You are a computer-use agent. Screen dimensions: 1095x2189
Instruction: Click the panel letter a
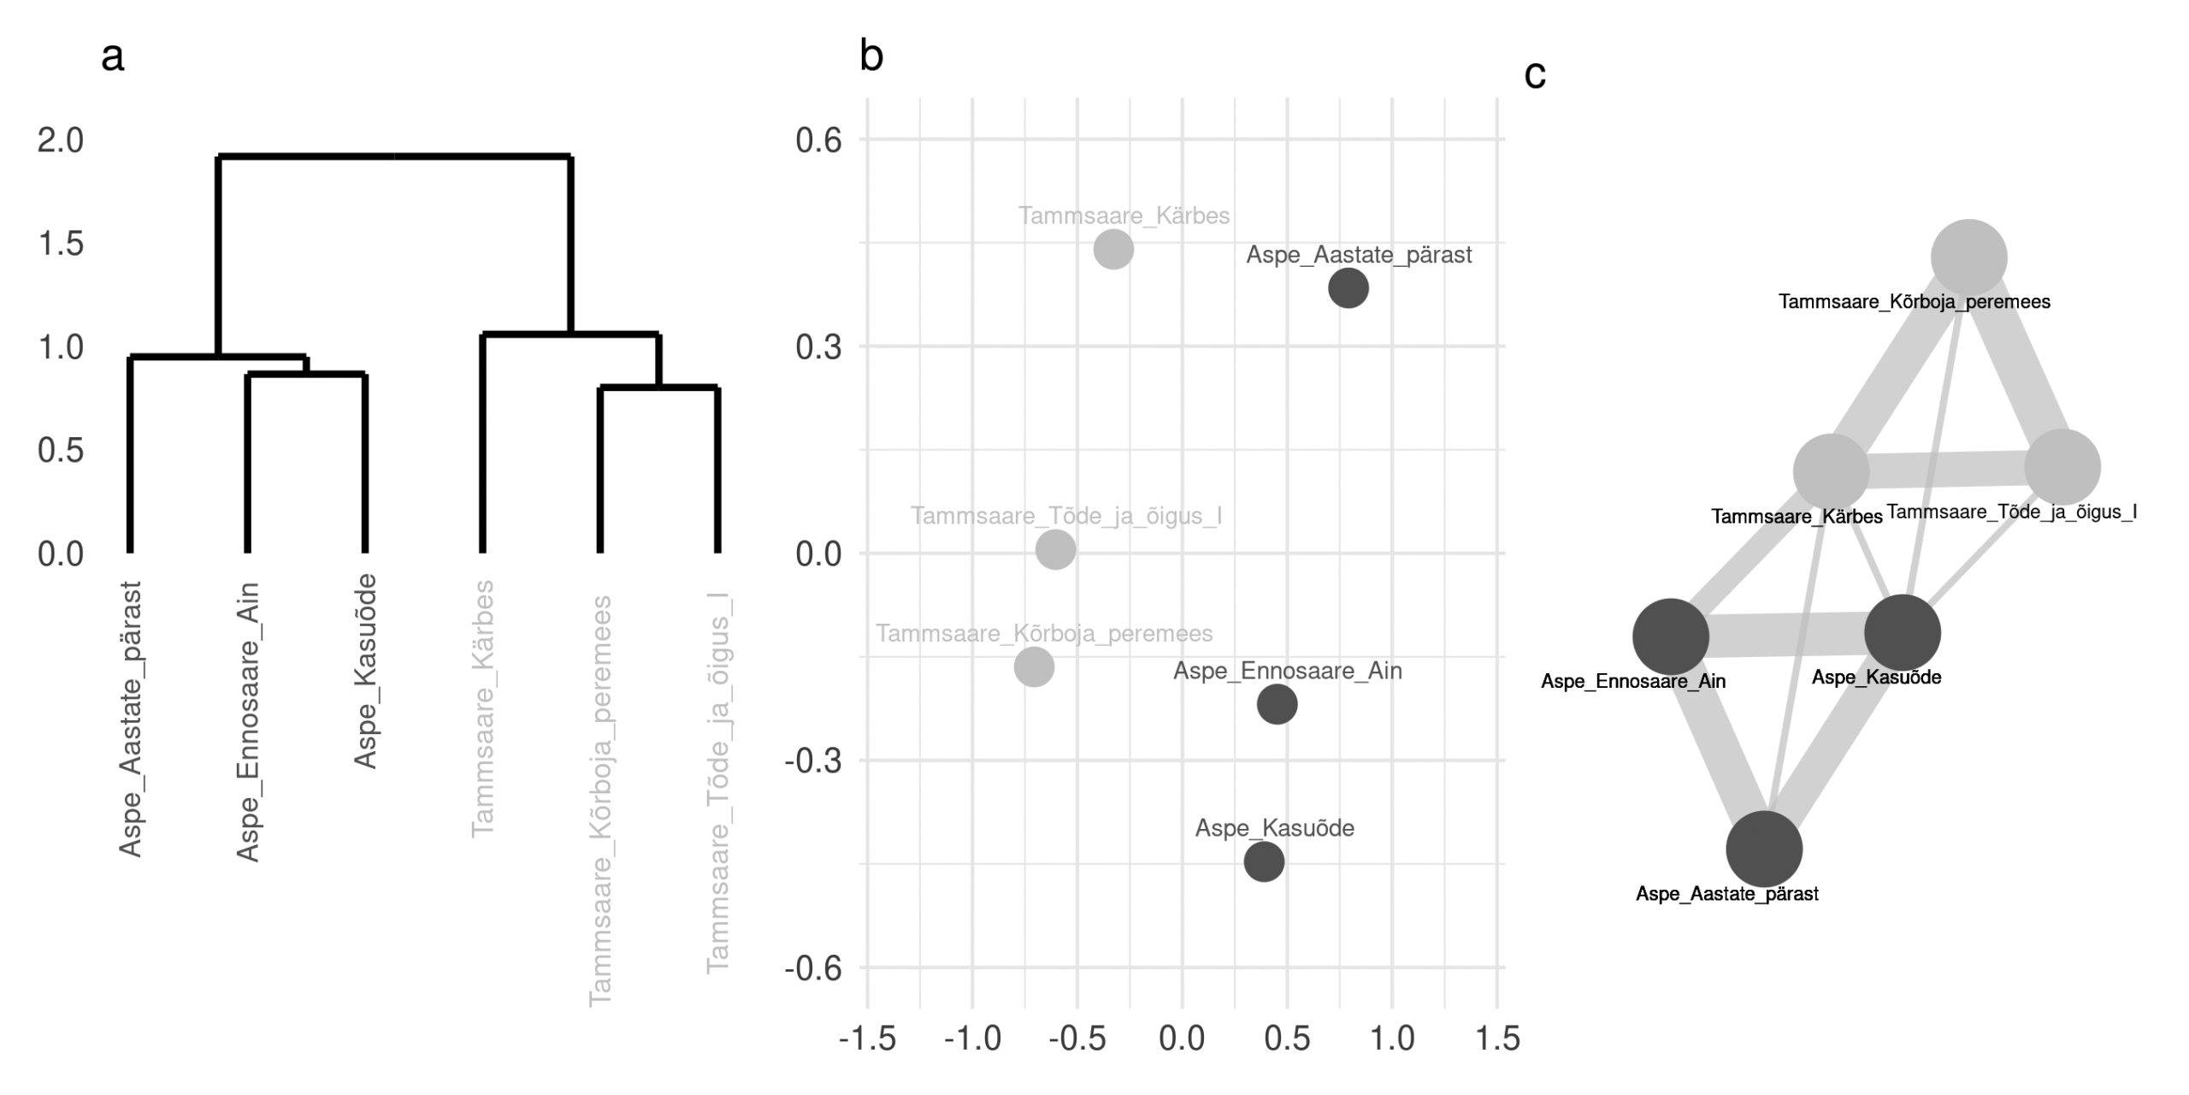pyautogui.click(x=112, y=57)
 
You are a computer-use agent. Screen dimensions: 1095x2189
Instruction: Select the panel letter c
pyautogui.click(x=1535, y=75)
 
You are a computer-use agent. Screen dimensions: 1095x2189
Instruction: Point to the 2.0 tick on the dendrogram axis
pyautogui.click(x=61, y=140)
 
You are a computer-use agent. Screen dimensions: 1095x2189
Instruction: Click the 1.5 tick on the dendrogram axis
pyautogui.click(x=61, y=244)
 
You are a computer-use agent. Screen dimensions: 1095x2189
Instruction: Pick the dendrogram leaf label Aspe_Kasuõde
pyautogui.click(x=365, y=671)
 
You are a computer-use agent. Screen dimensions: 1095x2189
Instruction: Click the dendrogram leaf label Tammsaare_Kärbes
pyautogui.click(x=483, y=707)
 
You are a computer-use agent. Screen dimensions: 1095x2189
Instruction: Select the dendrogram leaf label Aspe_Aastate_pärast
pyautogui.click(x=130, y=719)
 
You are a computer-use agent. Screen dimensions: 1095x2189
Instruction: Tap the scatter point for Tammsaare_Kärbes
pyautogui.click(x=1113, y=250)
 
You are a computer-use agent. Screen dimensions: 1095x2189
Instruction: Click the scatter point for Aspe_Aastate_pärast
pyautogui.click(x=1348, y=288)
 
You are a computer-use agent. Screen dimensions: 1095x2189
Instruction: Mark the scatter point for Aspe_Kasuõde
pyautogui.click(x=1264, y=861)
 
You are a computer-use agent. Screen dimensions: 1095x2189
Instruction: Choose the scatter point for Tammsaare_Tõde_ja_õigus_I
pyautogui.click(x=1055, y=549)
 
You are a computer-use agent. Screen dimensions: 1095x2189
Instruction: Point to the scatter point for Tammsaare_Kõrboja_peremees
pyautogui.click(x=1034, y=667)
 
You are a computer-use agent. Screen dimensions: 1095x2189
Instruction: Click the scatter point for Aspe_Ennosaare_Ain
pyautogui.click(x=1277, y=704)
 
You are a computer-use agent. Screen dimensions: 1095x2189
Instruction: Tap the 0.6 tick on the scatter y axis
pyautogui.click(x=818, y=140)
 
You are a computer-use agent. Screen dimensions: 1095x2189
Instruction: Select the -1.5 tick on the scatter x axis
pyautogui.click(x=867, y=1039)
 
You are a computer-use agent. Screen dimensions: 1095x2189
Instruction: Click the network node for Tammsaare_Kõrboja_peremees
pyautogui.click(x=1969, y=257)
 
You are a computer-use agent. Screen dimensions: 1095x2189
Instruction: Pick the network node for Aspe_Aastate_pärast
pyautogui.click(x=1764, y=849)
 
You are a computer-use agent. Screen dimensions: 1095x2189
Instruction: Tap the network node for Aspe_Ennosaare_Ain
pyautogui.click(x=1671, y=636)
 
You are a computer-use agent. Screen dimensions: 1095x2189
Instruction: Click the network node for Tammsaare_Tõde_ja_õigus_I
pyautogui.click(x=2062, y=467)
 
